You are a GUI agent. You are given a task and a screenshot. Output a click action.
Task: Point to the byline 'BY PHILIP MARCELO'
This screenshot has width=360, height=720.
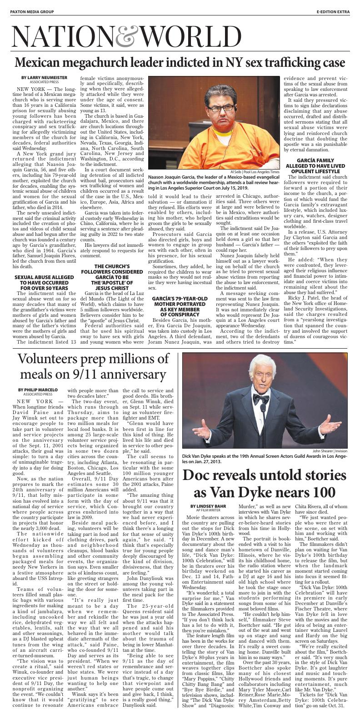tap(38, 390)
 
